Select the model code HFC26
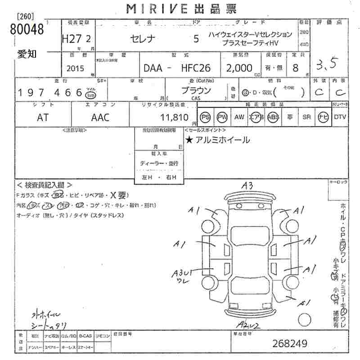point(195,68)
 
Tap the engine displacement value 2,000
point(241,68)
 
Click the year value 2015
point(75,69)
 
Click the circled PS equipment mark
point(206,117)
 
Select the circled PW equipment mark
point(221,117)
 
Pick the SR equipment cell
point(306,117)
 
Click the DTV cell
point(340,117)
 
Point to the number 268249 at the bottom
point(290,343)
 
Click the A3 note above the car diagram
point(247,185)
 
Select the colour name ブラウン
point(196,90)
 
